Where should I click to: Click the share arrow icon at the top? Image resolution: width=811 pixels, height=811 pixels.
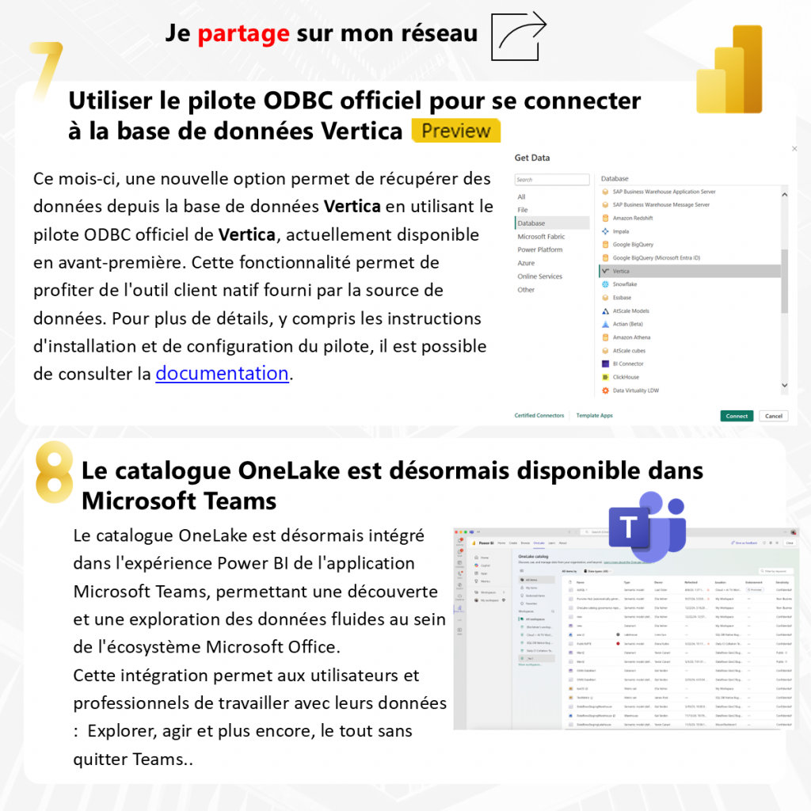pyautogui.click(x=520, y=36)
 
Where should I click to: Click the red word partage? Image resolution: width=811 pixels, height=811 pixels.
pyautogui.click(x=243, y=33)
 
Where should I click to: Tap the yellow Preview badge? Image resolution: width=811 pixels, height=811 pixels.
pyautogui.click(x=456, y=131)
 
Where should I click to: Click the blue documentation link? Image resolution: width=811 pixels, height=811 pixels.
pyautogui.click(x=222, y=373)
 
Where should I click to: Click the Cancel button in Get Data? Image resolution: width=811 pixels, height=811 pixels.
pyautogui.click(x=773, y=416)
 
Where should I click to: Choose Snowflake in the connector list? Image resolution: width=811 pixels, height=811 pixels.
pyautogui.click(x=624, y=284)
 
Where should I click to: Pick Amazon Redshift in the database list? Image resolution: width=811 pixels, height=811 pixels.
pyautogui.click(x=632, y=218)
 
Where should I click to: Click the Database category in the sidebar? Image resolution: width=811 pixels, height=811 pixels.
pyautogui.click(x=531, y=223)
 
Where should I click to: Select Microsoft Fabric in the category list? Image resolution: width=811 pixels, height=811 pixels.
pyautogui.click(x=542, y=237)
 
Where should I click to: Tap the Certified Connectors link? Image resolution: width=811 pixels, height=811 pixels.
pyautogui.click(x=539, y=415)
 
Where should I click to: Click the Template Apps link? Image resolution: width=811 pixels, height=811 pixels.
pyautogui.click(x=594, y=415)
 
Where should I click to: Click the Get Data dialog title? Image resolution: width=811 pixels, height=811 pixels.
pyautogui.click(x=532, y=158)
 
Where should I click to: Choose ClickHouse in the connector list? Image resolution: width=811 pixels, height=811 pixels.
pyautogui.click(x=626, y=377)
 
